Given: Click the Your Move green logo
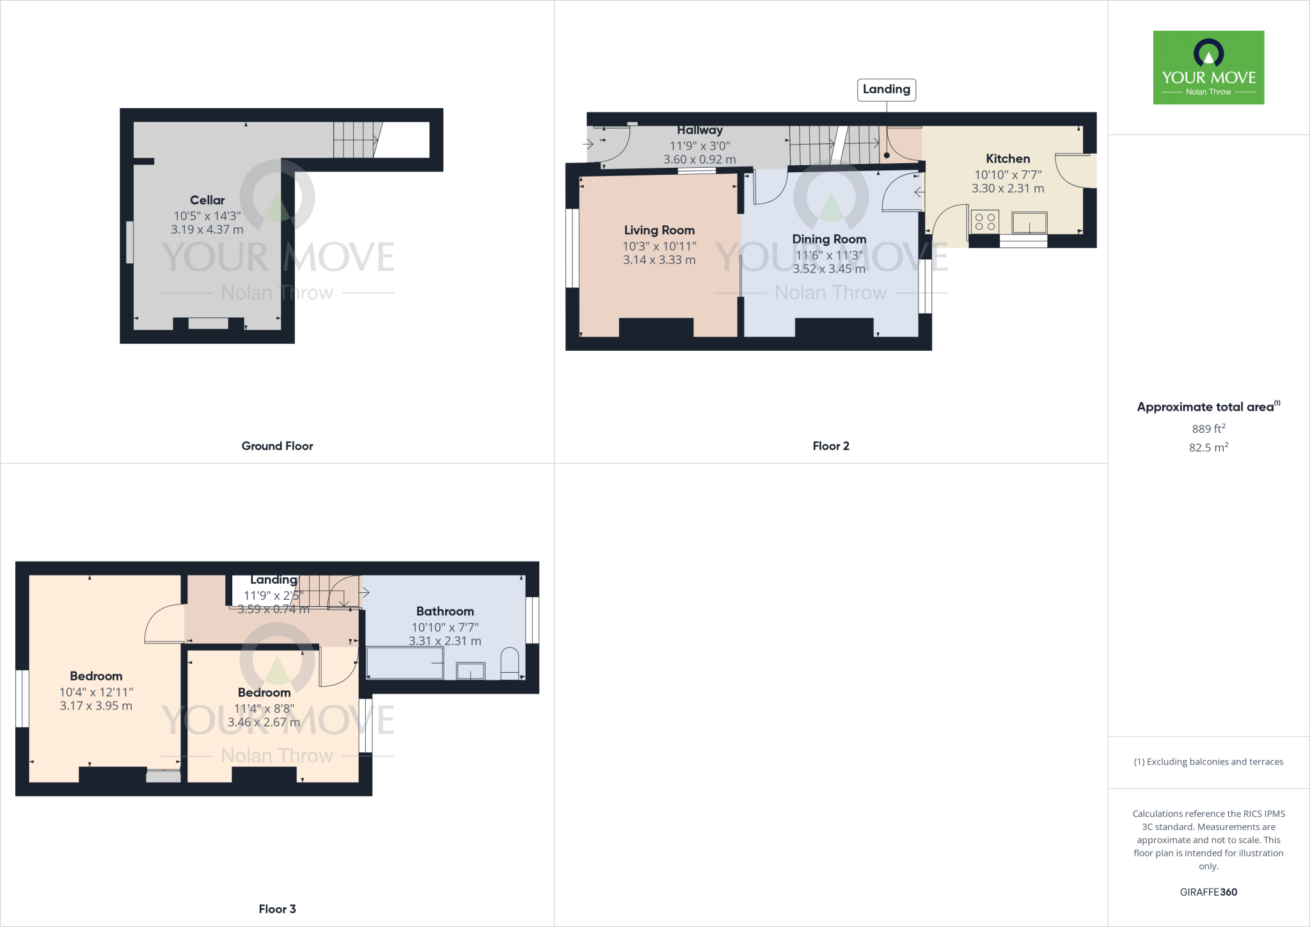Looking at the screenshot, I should (x=1208, y=67).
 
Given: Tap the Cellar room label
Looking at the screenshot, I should (x=207, y=200).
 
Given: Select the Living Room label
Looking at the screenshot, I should (x=659, y=230).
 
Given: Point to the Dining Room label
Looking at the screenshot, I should (x=829, y=239).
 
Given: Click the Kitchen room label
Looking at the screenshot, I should (x=1007, y=159).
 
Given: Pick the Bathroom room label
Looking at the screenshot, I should (x=445, y=611).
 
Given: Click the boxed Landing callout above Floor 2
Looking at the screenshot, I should (x=886, y=90).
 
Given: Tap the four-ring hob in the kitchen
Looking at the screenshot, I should (x=984, y=222).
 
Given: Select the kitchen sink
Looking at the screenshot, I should (x=1029, y=223).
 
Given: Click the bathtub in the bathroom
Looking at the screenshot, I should (x=405, y=663).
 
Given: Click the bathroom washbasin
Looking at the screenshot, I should (x=470, y=670).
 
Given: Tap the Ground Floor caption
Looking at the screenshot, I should (x=277, y=446).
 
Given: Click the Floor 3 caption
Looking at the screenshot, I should (x=277, y=909).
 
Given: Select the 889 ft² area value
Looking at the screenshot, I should (x=1208, y=429).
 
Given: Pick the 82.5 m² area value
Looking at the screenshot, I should (x=1208, y=447).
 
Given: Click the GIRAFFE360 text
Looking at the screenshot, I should (x=1208, y=892).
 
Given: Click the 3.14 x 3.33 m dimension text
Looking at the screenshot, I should (x=659, y=260).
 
